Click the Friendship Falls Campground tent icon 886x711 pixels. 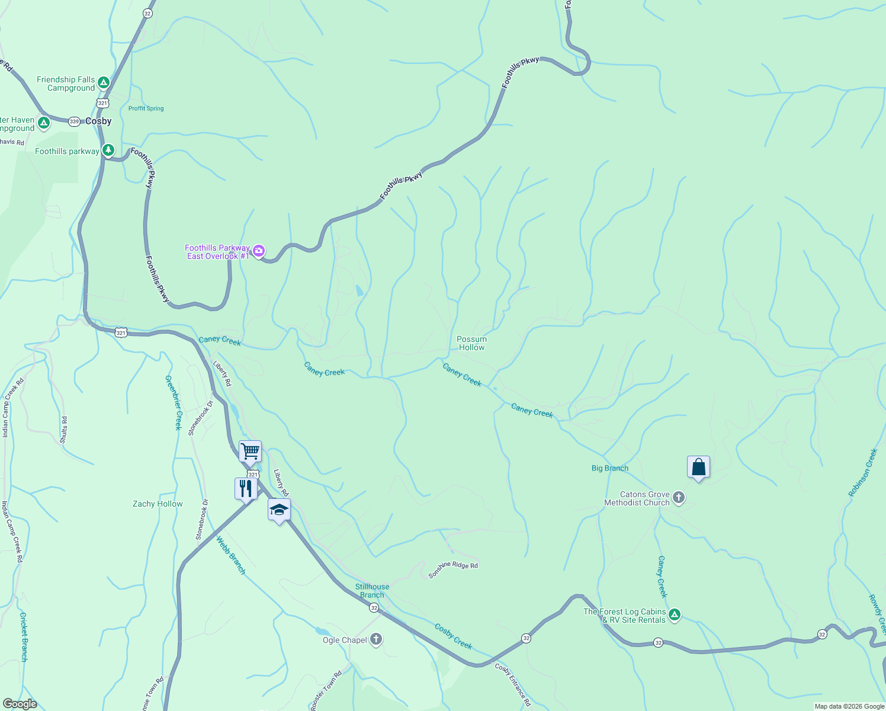coord(104,82)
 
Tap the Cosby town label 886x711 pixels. coord(98,121)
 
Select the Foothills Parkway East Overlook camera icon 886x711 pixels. coord(259,251)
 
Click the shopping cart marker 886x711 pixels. coord(250,451)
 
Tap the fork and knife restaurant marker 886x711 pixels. coord(246,489)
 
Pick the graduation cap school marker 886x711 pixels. coord(279,510)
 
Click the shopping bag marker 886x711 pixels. coord(698,467)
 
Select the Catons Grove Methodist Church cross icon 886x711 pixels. coord(679,498)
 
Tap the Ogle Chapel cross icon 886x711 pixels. coord(376,639)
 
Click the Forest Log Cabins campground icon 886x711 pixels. coord(675,616)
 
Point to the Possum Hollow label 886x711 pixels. coord(471,343)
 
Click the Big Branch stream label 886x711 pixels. coord(609,468)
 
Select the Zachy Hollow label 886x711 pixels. coord(158,504)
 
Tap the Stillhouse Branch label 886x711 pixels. coord(372,591)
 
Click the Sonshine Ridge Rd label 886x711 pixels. coord(453,569)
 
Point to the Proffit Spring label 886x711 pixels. coord(146,108)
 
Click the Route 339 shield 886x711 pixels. coord(74,121)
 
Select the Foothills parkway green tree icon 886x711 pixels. coord(108,150)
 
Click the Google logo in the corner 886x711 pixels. coord(20,704)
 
